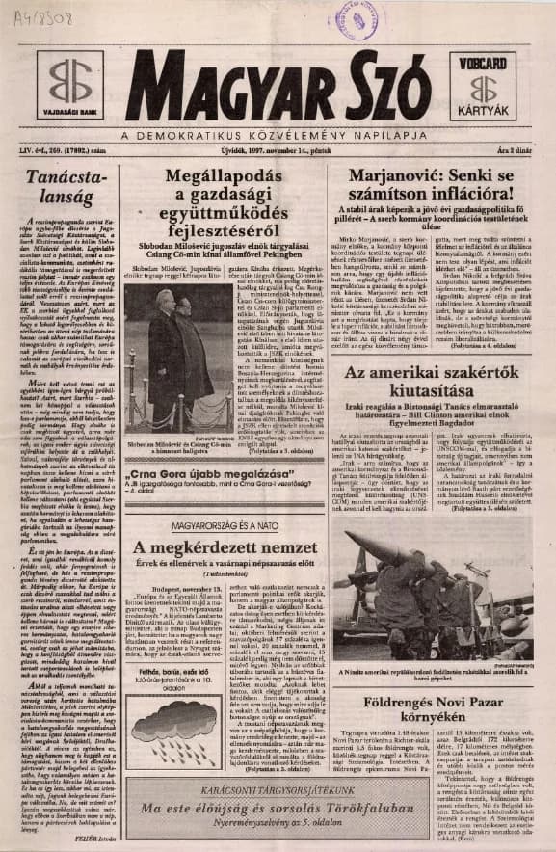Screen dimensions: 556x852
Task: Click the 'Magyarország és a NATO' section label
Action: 228,525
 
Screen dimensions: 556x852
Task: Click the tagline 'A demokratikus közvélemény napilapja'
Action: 279,131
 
